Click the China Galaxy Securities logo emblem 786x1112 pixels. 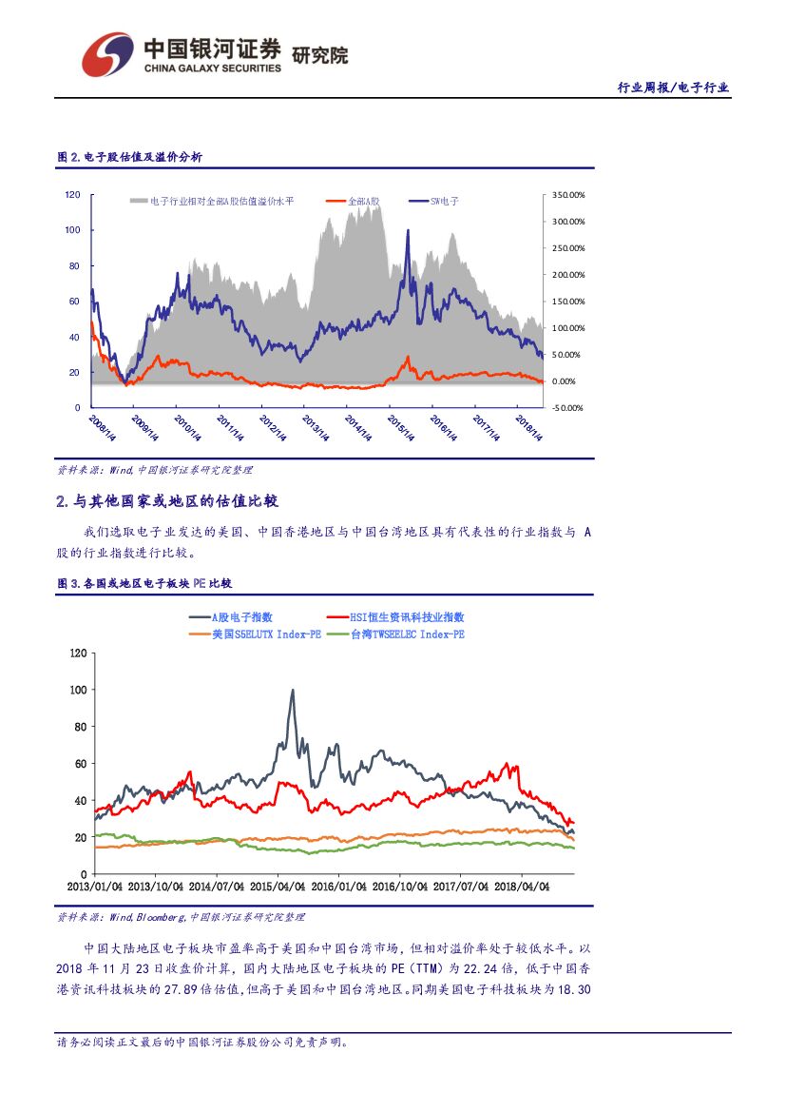[x=106, y=55]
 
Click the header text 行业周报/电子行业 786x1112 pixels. [x=673, y=88]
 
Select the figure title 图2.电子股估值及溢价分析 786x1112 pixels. [x=129, y=158]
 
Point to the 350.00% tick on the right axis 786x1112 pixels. [x=568, y=195]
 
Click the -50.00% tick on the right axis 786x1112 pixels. [x=568, y=408]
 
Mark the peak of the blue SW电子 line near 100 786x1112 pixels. [x=408, y=231]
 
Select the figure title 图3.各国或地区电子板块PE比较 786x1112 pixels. [x=144, y=583]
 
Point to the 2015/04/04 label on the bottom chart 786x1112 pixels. [x=278, y=887]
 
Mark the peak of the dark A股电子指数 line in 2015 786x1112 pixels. [x=292, y=691]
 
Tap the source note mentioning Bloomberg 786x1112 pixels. [x=182, y=917]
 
